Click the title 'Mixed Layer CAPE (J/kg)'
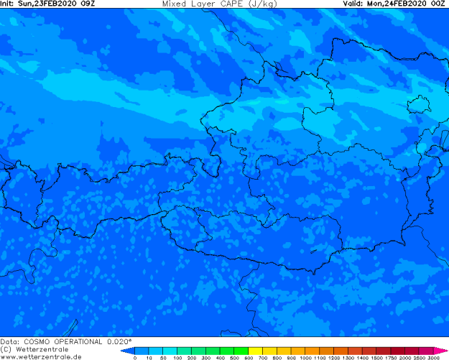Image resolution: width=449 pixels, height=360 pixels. point(215,4)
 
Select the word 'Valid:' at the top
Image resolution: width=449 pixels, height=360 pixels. point(353,4)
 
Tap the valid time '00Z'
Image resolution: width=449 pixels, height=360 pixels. point(439,4)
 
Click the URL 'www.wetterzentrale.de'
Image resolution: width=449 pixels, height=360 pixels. point(41,356)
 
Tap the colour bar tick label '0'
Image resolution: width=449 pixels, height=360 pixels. point(135,357)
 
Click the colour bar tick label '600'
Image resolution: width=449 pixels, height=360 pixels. point(248,357)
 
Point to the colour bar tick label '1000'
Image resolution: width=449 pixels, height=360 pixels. point(305,357)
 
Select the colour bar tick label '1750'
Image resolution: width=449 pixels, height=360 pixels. point(391,357)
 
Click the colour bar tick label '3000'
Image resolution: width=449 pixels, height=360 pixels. point(433,357)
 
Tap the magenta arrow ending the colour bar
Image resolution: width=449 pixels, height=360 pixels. point(440,351)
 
